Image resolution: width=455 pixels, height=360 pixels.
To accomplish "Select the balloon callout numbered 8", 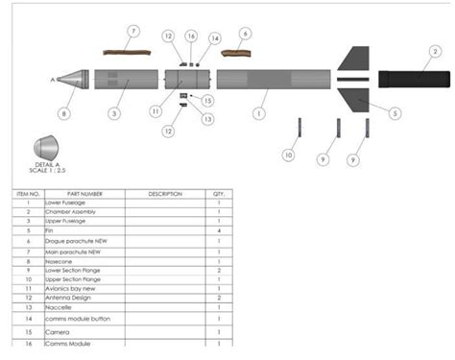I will pyautogui.click(x=64, y=113).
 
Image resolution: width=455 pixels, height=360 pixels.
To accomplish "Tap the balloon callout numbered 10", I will pyautogui.click(x=288, y=155).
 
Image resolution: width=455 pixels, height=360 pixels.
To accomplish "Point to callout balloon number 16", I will pyautogui.click(x=190, y=36).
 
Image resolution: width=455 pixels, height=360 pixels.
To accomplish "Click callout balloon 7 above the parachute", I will pyautogui.click(x=133, y=32).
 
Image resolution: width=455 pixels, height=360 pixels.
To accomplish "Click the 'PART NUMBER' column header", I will pyautogui.click(x=85, y=194).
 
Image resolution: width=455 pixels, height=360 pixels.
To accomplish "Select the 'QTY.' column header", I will pyautogui.click(x=219, y=194).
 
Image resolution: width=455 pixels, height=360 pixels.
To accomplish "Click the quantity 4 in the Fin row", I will pyautogui.click(x=219, y=231).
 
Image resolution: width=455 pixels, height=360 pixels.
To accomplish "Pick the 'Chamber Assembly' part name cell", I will pyautogui.click(x=69, y=212).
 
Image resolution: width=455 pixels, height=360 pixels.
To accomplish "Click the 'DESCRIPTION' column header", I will pyautogui.click(x=164, y=194).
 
